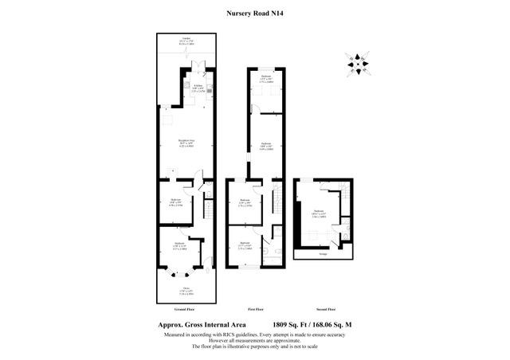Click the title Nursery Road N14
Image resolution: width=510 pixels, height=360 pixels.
click(255, 13)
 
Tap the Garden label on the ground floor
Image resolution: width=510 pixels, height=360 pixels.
click(186, 43)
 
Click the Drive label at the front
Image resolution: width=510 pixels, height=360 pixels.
click(186, 290)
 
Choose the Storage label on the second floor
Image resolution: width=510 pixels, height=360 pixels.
click(322, 255)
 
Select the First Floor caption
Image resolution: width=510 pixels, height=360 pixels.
click(255, 308)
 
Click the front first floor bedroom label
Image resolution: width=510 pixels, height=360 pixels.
click(245, 245)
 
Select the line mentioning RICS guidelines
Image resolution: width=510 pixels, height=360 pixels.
click(255, 335)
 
